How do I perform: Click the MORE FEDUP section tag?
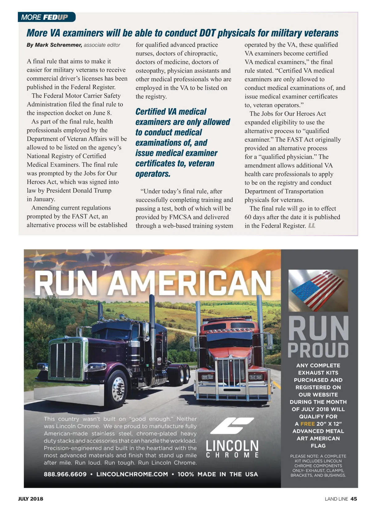click(47, 17)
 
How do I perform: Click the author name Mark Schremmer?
click(58, 45)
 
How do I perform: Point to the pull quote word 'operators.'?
click(153, 174)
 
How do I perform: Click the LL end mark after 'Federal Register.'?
click(312, 226)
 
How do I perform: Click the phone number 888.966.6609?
click(65, 474)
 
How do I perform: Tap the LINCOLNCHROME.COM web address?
click(132, 474)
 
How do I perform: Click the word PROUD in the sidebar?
click(318, 350)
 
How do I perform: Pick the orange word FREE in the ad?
click(307, 424)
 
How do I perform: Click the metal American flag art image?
click(318, 290)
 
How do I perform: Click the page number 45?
click(354, 499)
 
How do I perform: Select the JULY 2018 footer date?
click(31, 499)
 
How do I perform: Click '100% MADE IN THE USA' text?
click(217, 474)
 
